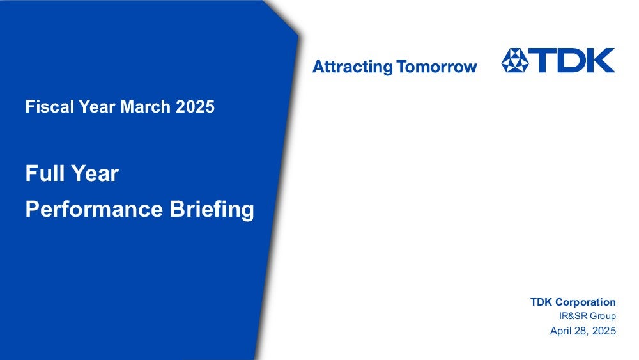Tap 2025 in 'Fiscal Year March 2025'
coord(195,107)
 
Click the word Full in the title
coord(43,173)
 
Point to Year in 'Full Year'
coord(95,173)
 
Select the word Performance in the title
coord(94,209)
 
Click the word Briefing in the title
coord(212,210)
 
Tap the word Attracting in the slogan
coord(353,67)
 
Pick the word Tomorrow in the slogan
coord(436,67)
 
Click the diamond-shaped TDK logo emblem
coord(514,60)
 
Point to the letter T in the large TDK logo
coord(544,60)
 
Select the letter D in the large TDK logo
coord(573,60)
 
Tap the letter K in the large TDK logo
coord(601,60)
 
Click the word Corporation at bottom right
coord(585,302)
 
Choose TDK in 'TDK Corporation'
coord(541,302)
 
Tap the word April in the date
coord(560,331)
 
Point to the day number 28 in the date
coord(580,331)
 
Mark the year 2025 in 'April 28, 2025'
coord(604,331)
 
